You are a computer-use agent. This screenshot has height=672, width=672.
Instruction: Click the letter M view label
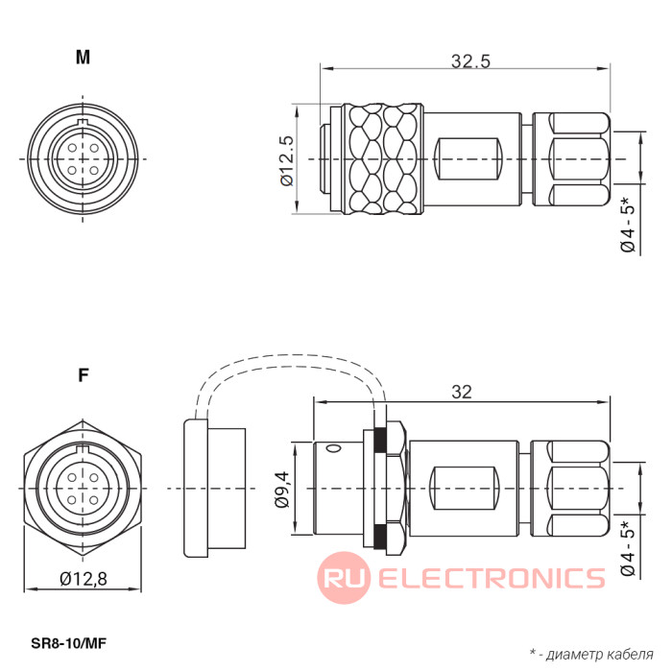point(84,57)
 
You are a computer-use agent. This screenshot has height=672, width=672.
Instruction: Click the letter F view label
point(84,375)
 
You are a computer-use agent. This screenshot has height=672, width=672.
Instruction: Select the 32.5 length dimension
point(470,61)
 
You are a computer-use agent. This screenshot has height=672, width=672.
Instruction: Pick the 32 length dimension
point(462,392)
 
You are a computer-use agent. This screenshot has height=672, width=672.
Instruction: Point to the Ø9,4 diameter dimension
point(282,489)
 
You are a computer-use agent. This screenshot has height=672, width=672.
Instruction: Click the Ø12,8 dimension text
point(84,579)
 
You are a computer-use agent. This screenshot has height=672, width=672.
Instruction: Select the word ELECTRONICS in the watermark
point(492,578)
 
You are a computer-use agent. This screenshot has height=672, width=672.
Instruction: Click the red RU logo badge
point(344,577)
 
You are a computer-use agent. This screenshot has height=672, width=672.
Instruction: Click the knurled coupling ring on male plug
point(384,158)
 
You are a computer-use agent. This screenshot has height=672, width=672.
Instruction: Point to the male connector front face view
point(84,157)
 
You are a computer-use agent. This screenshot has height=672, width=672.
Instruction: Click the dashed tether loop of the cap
point(288,370)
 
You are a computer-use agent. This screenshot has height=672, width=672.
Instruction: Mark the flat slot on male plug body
point(468,158)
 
